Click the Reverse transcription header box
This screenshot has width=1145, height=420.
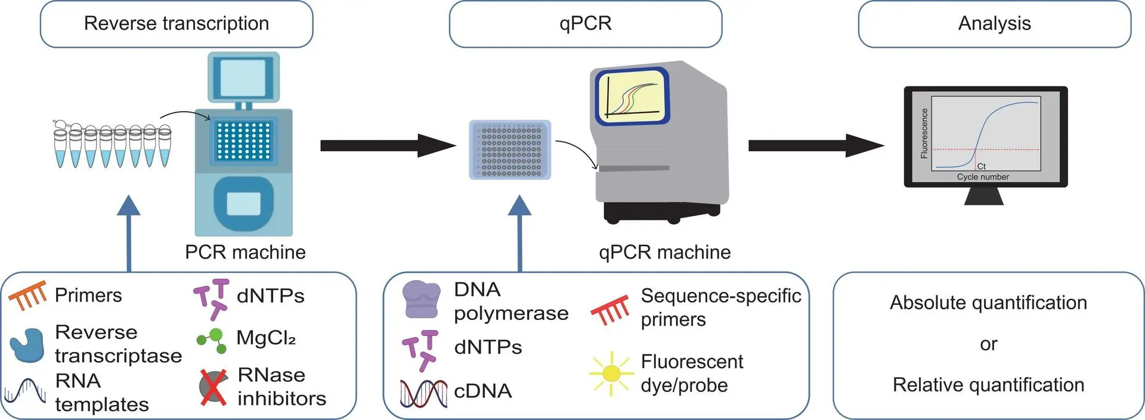click(177, 24)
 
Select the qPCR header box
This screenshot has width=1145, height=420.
click(585, 24)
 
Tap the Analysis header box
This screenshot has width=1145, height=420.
click(994, 24)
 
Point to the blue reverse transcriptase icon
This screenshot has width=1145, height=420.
click(27, 344)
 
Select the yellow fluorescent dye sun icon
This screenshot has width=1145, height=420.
click(611, 374)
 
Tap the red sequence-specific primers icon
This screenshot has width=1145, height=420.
click(610, 309)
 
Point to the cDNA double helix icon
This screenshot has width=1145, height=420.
click(423, 393)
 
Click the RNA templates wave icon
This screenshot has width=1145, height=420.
click(25, 392)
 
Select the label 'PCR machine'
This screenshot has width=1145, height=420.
click(245, 252)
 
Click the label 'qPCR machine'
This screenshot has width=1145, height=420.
click(664, 252)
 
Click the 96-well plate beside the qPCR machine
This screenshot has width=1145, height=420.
click(510, 150)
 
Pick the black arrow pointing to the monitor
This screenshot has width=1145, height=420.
click(815, 145)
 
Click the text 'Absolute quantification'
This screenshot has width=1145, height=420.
click(988, 303)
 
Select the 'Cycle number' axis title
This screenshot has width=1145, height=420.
click(983, 177)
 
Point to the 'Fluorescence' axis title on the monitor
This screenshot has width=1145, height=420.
click(924, 133)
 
